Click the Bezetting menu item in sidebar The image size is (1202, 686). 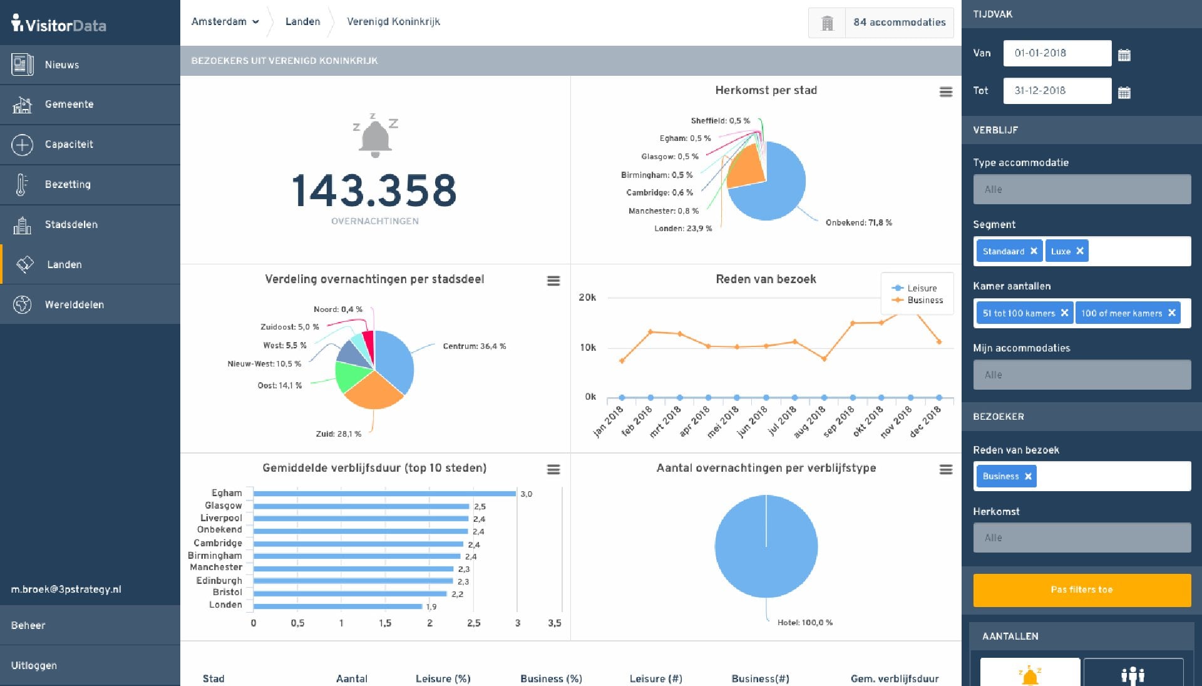[68, 184]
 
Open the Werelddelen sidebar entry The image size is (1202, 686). [74, 304]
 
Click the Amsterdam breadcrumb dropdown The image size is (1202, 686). [225, 22]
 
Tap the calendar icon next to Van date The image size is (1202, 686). [1124, 55]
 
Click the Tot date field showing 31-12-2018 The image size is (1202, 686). [1057, 91]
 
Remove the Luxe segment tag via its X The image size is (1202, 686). [1080, 251]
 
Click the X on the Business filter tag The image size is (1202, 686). [1028, 477]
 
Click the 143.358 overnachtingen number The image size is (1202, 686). [374, 191]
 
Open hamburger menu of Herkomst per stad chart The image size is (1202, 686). [946, 92]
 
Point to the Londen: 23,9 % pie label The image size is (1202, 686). [683, 229]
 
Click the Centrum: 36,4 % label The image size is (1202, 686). [474, 346]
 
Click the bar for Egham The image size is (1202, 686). [384, 494]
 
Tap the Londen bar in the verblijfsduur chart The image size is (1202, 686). [338, 606]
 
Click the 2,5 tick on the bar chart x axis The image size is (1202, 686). [473, 623]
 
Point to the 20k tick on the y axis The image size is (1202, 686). [587, 298]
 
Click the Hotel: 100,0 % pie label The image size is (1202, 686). [804, 623]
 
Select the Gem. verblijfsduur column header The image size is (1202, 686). [894, 678]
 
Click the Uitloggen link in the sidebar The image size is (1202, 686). [34, 665]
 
